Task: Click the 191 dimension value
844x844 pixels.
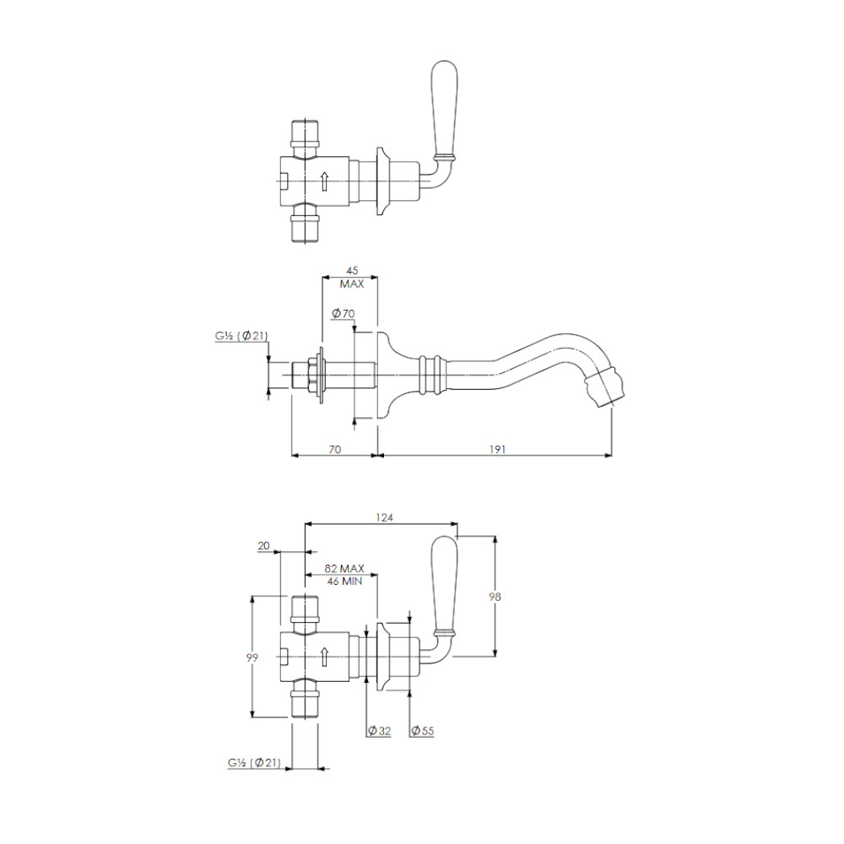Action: click(497, 449)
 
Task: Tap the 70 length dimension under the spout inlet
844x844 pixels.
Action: click(335, 449)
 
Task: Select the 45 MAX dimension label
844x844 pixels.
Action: click(351, 277)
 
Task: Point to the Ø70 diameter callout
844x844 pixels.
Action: click(343, 313)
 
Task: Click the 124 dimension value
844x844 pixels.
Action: click(384, 517)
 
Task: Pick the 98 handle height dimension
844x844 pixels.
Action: click(495, 597)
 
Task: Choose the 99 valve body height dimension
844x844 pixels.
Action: click(252, 657)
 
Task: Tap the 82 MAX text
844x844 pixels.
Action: click(344, 568)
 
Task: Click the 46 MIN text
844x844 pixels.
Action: click(344, 582)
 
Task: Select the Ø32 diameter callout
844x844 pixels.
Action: click(379, 730)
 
